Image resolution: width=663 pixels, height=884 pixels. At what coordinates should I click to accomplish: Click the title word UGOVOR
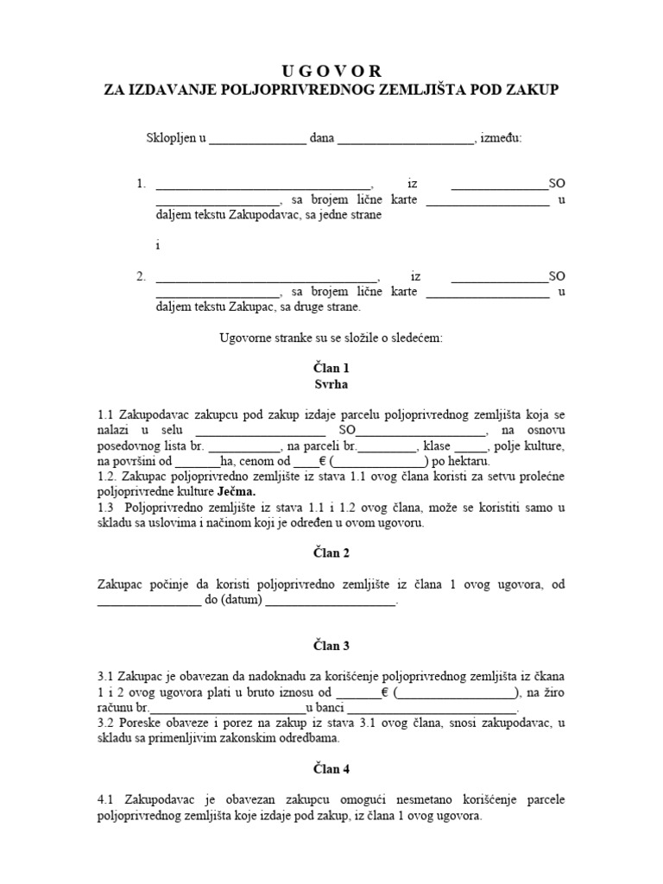pos(331,71)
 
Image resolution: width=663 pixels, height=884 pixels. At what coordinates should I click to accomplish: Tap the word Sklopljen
pos(171,138)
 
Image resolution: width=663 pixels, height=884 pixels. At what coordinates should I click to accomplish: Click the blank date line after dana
pos(405,140)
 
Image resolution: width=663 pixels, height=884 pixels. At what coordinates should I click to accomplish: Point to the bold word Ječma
pos(236,491)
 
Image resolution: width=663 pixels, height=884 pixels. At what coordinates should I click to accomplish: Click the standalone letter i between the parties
pos(158,245)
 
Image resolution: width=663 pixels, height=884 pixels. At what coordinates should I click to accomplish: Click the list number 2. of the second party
pos(141,277)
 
